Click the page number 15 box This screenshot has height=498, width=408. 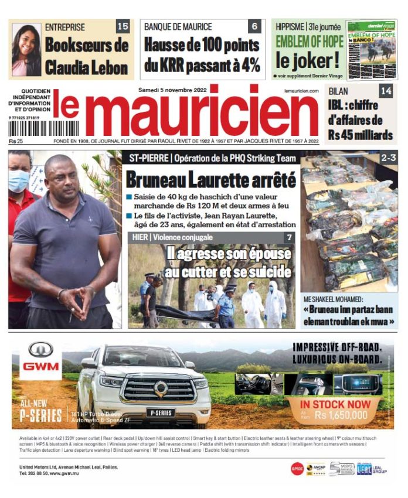123,26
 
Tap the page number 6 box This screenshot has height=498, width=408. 254,26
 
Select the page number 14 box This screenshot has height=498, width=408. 386,91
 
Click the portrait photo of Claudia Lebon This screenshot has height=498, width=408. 26,50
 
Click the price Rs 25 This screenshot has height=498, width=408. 16,141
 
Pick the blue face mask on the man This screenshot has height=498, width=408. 19,181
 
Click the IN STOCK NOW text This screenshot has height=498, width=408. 335,404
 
